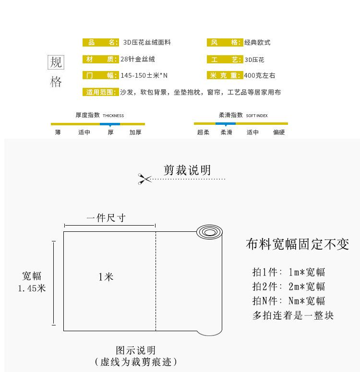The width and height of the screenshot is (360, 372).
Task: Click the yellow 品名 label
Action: (100, 42)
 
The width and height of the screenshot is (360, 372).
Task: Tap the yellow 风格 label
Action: (224, 42)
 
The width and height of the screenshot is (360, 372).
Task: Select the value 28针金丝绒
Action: (138, 60)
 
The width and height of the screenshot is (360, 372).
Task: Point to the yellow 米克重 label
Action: (224, 75)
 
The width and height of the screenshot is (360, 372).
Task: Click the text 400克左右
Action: (260, 75)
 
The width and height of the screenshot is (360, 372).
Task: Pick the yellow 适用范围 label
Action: (100, 92)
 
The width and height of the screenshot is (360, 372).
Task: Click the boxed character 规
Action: (56, 62)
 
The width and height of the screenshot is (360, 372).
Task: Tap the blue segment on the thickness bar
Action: (110, 124)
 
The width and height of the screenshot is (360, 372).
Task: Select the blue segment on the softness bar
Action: (226, 124)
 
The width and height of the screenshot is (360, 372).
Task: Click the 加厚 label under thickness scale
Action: (135, 132)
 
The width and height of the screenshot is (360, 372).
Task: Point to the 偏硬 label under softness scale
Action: (279, 132)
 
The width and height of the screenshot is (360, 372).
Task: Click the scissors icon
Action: (144, 179)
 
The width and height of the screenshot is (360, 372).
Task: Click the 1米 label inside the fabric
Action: (106, 277)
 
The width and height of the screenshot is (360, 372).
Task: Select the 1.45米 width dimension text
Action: (32, 288)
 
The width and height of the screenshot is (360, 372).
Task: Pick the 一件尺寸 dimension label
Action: (106, 218)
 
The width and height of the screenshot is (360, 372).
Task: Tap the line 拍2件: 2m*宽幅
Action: (289, 287)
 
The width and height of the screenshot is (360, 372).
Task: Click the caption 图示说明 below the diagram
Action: (136, 351)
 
